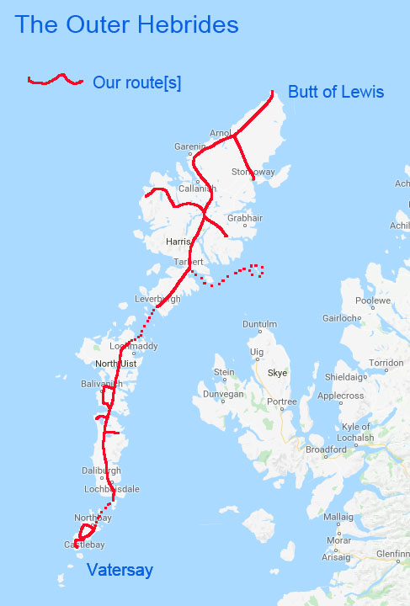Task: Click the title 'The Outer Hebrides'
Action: pos(127,24)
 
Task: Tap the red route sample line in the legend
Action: pos(56,81)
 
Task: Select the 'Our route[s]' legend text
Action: pos(136,82)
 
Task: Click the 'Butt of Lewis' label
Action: pos(336,92)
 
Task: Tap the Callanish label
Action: pos(197,189)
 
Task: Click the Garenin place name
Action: pos(189,146)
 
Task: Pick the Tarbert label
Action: pos(189,262)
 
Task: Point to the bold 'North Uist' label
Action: pos(116,364)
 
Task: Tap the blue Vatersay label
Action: pos(120,571)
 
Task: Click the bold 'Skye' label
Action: pos(277,372)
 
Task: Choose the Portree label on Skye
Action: pos(281,401)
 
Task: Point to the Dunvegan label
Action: pos(221,393)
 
